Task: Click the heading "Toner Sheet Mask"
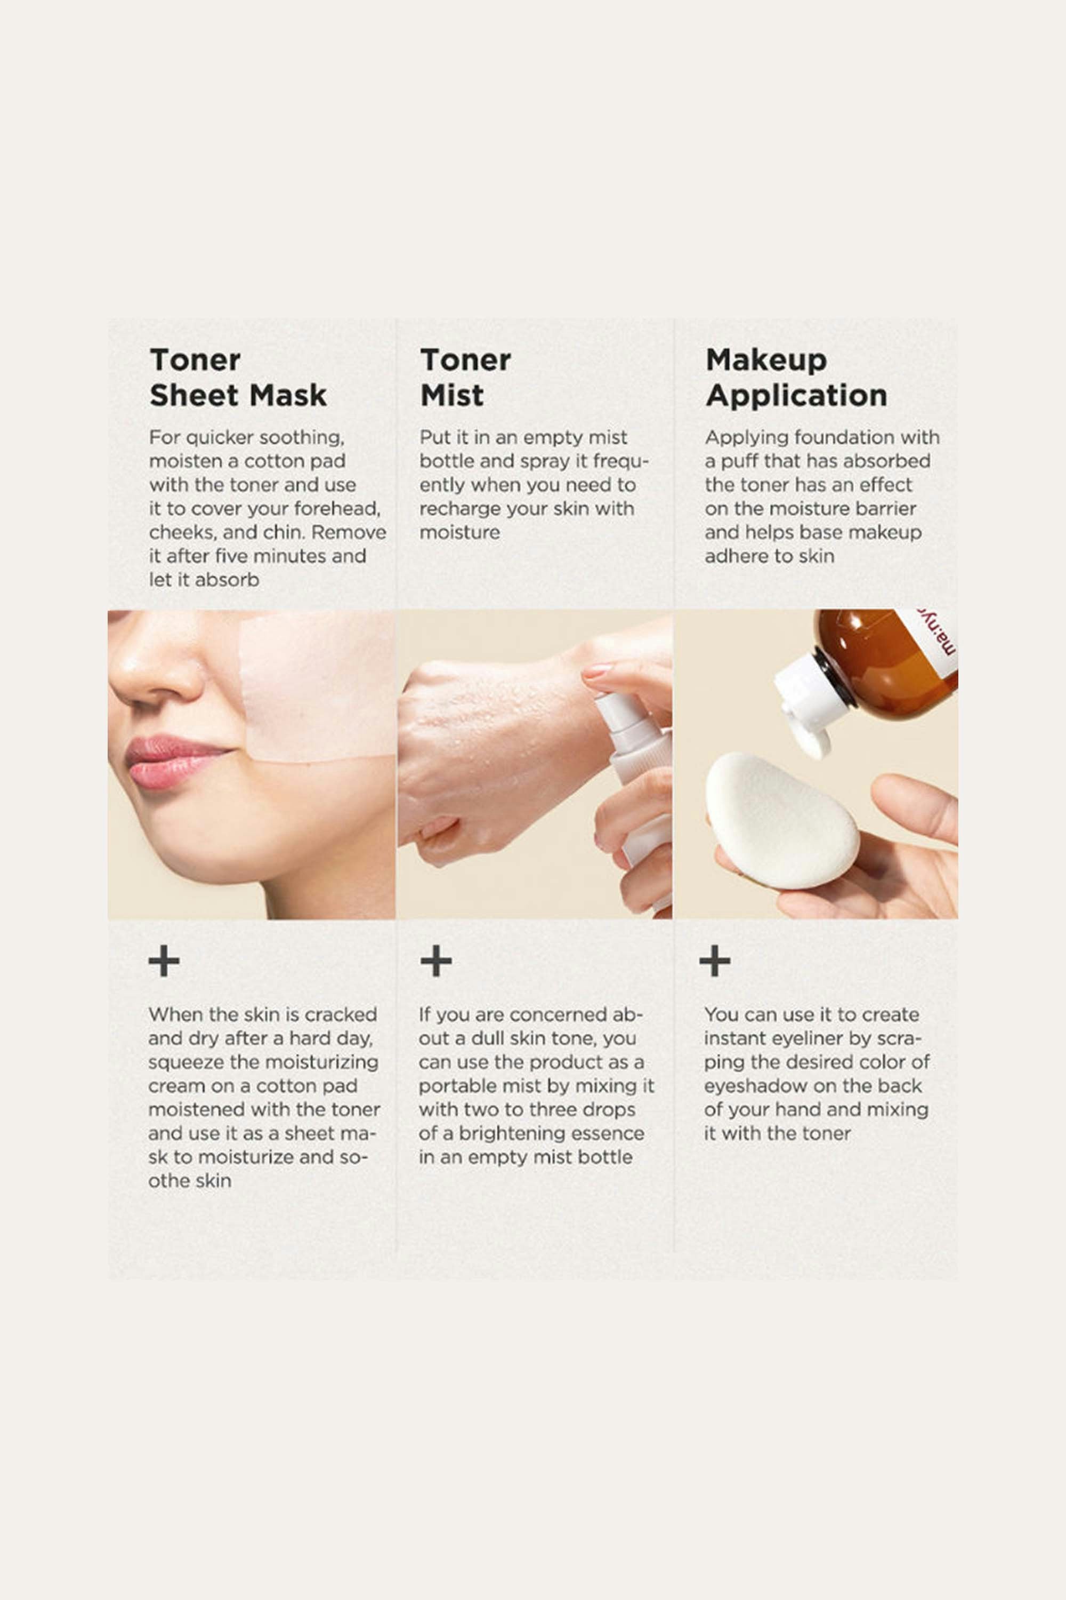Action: (238, 378)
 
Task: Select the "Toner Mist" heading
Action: (466, 378)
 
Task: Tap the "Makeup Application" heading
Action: (796, 378)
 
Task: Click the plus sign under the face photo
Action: (164, 961)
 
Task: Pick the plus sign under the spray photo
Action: (436, 961)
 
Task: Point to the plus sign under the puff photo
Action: (715, 961)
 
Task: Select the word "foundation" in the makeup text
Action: (841, 437)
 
